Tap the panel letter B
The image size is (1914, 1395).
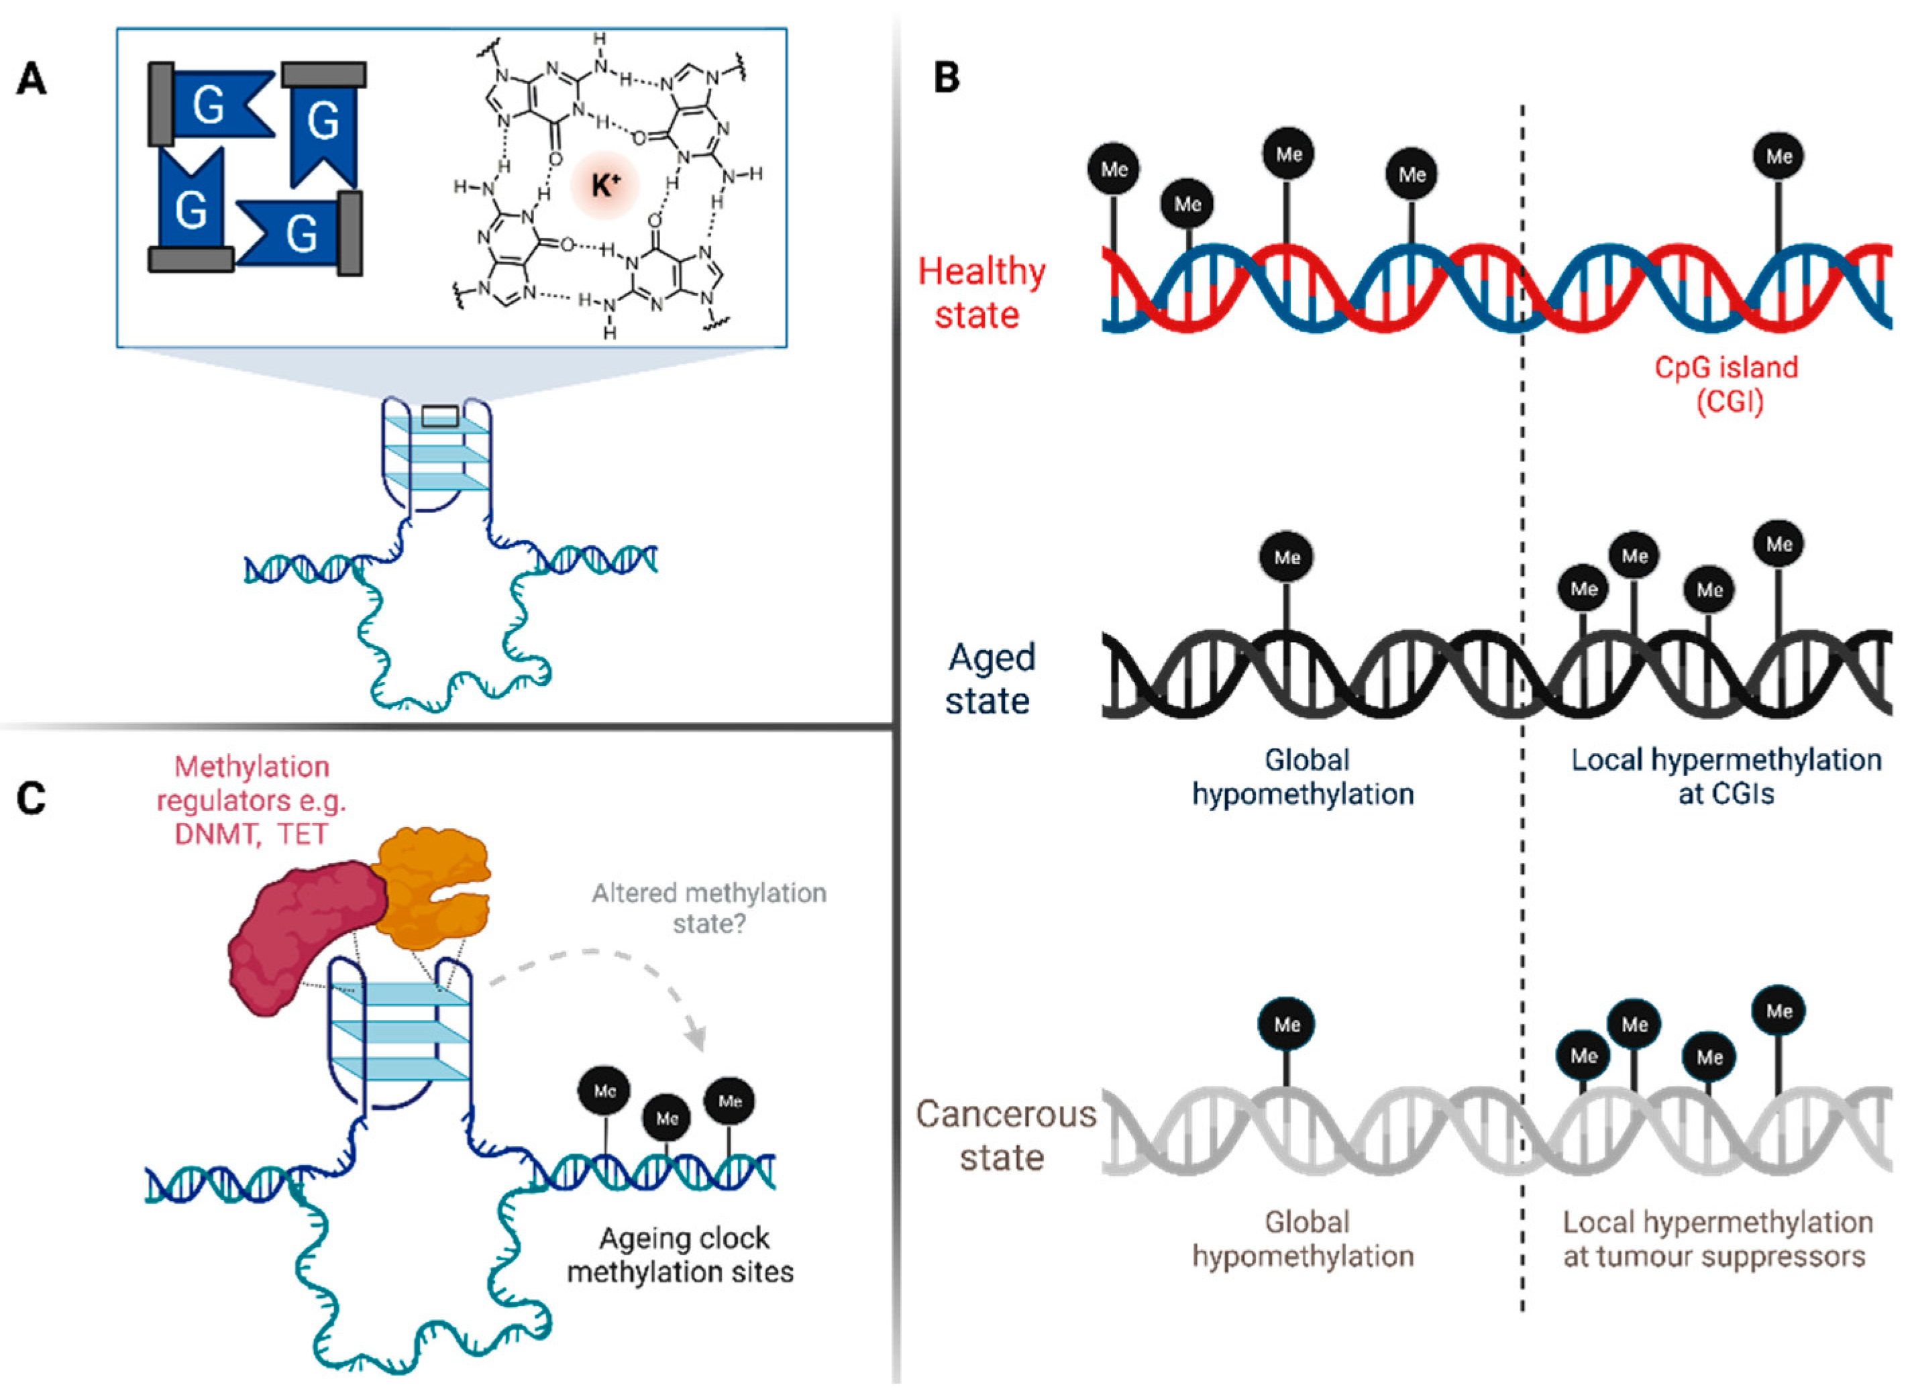[947, 78]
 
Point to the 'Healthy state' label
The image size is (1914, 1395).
[981, 293]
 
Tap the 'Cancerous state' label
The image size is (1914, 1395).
[1005, 1135]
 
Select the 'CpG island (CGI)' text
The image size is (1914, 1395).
[1725, 384]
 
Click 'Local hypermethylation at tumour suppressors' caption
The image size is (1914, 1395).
[1717, 1239]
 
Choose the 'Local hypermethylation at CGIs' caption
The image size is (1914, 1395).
[1725, 776]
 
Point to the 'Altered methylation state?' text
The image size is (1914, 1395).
[708, 908]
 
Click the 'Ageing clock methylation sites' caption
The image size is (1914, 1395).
[681, 1255]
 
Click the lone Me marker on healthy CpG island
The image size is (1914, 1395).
[1779, 157]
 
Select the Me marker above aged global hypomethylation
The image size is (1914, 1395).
[1287, 557]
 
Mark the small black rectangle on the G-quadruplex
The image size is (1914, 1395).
[440, 416]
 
